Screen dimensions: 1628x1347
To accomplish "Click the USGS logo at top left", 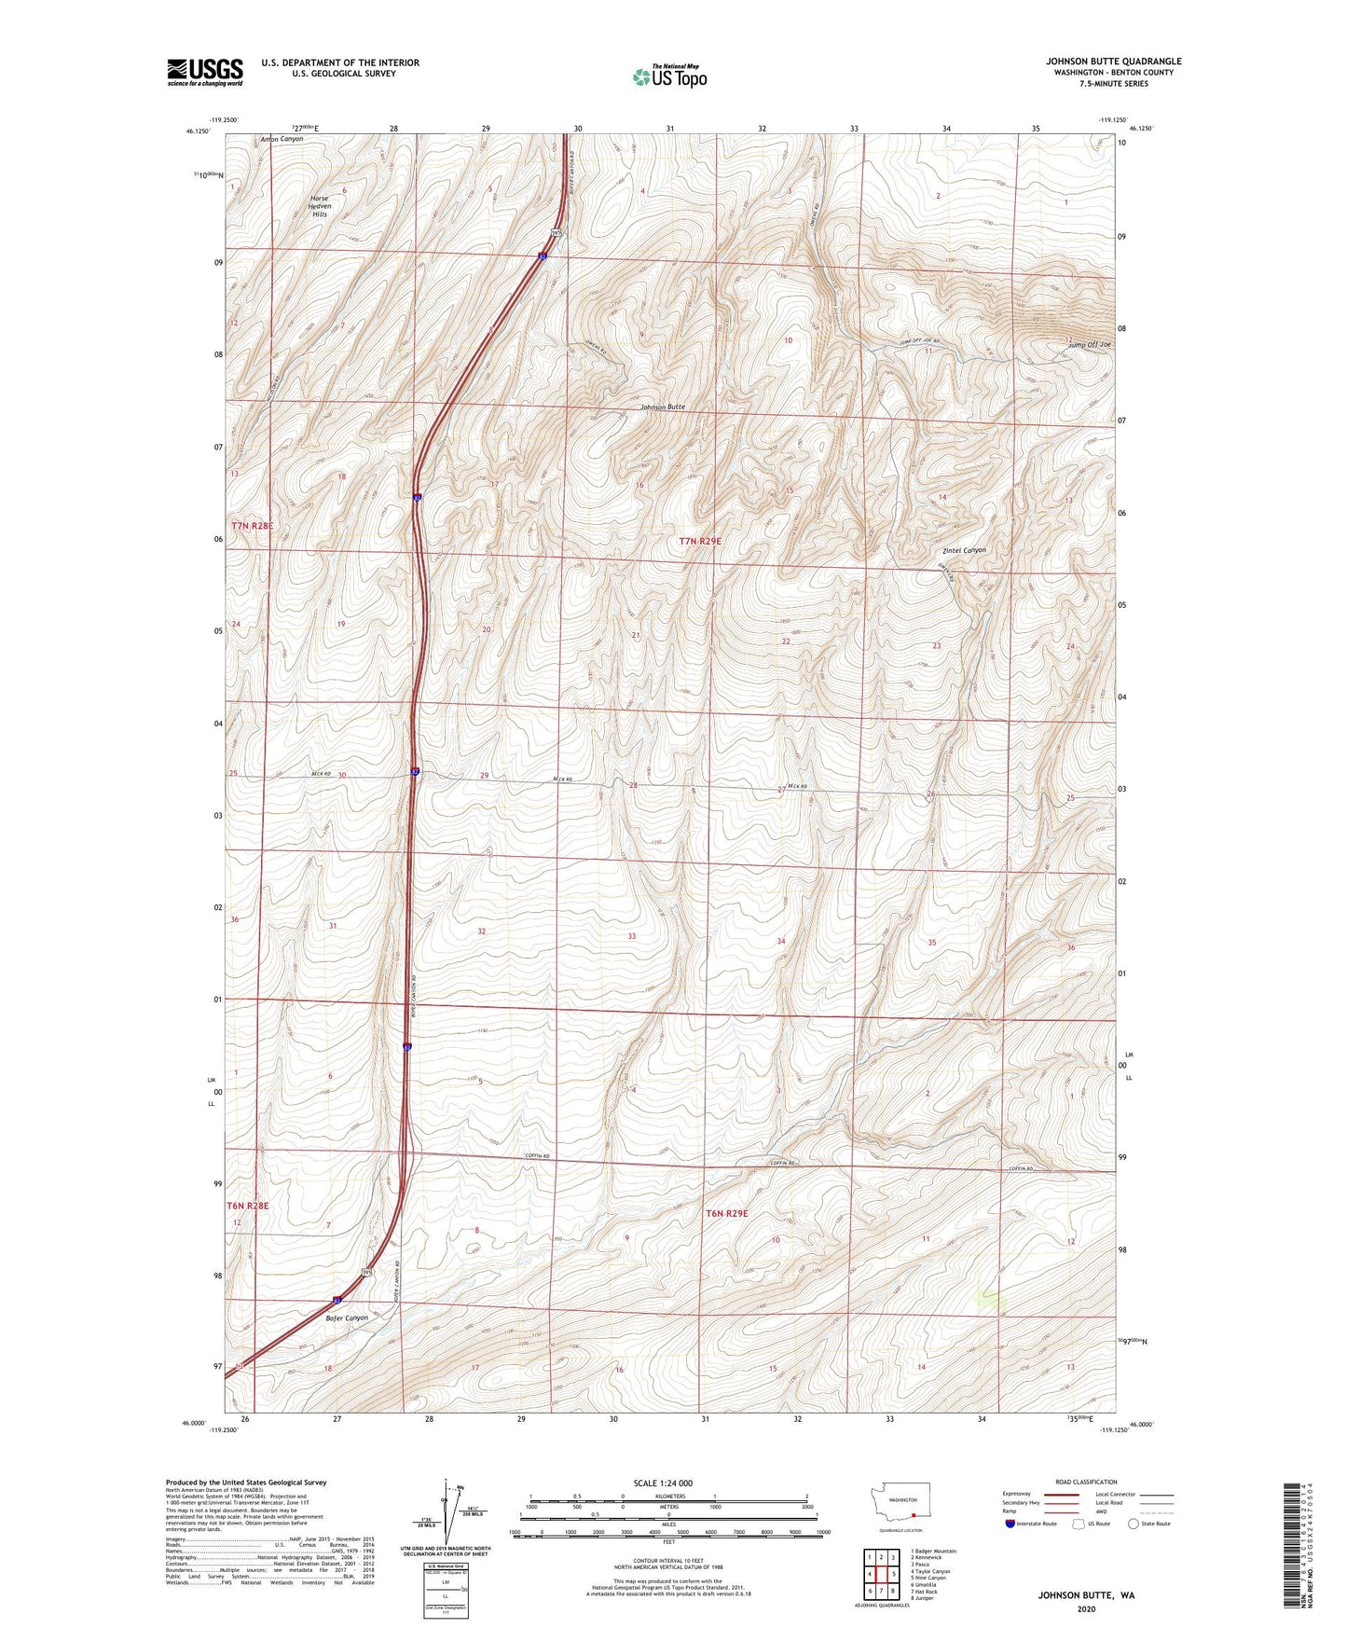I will (x=205, y=72).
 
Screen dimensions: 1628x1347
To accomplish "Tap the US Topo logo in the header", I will (x=669, y=76).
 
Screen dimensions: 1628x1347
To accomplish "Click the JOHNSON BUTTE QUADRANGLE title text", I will (x=1113, y=62).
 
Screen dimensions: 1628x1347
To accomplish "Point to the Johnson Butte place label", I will (x=662, y=407).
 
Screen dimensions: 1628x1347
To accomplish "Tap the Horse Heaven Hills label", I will (x=321, y=206).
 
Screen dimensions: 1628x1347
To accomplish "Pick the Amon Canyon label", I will (x=281, y=139).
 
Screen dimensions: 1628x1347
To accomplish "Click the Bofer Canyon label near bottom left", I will (x=347, y=1318).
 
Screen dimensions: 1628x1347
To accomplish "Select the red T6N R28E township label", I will (x=248, y=1206).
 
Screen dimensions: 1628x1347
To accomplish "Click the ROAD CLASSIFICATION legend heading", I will (x=1086, y=1482).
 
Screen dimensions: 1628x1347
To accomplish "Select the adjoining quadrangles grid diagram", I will (x=881, y=1574).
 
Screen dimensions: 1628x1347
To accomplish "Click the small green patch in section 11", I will (x=992, y=1300).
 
